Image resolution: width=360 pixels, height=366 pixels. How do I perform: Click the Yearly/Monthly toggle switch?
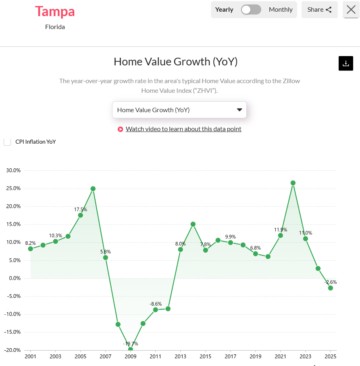251,10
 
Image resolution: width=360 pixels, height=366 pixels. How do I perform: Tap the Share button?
319,10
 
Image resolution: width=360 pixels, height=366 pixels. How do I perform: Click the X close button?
351,10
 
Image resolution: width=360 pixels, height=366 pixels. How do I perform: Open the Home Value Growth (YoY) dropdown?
179,110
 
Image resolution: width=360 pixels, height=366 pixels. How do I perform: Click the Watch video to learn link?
183,129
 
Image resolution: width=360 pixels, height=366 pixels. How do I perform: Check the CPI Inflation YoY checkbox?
7,142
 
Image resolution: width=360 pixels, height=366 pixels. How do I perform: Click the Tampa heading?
55,11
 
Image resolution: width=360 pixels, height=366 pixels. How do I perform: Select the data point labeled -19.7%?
130,349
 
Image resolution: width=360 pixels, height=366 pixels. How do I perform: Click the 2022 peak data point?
293,183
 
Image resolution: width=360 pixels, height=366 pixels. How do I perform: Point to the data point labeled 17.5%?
80,215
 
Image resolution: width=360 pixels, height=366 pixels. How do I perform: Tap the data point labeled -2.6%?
331,288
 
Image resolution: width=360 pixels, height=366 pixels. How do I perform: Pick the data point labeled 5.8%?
105,257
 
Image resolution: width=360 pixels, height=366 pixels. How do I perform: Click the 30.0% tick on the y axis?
13,170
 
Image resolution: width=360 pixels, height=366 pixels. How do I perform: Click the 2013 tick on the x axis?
180,357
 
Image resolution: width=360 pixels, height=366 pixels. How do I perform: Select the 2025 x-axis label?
331,357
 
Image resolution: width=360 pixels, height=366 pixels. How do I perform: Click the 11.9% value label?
281,230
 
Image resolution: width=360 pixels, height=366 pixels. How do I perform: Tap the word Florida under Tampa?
55,27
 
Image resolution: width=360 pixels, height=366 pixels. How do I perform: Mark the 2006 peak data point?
93,188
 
